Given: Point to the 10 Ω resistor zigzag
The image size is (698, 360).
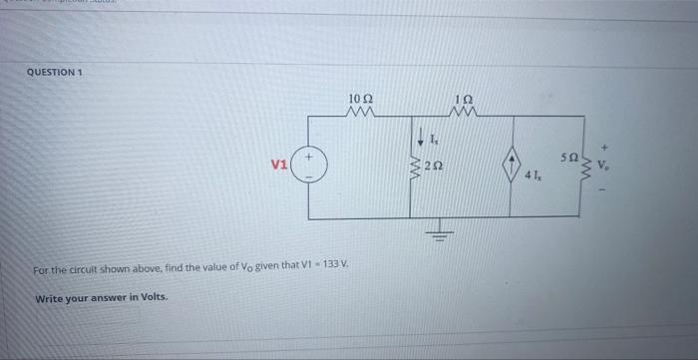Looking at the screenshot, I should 361,113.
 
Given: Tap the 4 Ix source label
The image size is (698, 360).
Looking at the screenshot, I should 534,178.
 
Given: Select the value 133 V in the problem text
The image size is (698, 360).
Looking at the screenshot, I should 334,268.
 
